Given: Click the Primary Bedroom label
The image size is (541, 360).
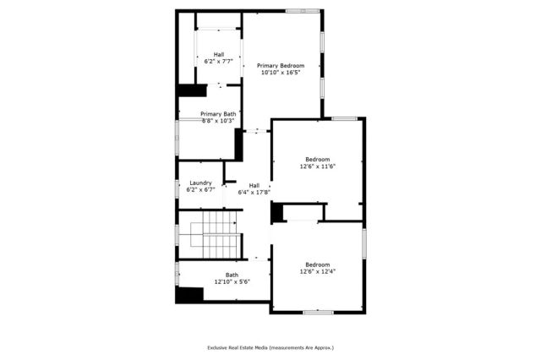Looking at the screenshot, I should [280, 65].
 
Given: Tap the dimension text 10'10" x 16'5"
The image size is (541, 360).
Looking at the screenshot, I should [280, 73].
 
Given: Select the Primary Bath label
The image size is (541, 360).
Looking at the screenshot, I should [218, 113].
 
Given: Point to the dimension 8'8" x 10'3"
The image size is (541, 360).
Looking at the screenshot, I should [218, 121].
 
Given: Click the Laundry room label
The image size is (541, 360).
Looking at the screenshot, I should [200, 183].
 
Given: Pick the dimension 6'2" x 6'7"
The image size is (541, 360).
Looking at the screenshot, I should [200, 190].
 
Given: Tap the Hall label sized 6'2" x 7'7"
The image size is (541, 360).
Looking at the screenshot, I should [218, 54].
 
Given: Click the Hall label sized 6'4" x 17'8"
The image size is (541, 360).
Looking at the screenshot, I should [254, 185].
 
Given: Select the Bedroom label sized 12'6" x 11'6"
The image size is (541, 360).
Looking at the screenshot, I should [318, 159].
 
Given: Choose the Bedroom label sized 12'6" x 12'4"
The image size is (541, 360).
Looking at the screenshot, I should [318, 264].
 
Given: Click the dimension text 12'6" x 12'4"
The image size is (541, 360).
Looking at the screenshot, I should [318, 271].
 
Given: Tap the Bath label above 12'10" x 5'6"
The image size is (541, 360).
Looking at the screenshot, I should [232, 274].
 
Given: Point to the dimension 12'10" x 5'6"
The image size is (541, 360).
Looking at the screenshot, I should [232, 281].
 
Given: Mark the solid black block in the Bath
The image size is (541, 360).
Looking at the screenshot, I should [190, 296].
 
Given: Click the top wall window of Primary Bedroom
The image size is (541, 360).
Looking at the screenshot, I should [295, 11].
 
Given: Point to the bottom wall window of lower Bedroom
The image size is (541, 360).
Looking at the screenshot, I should [318, 313].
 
